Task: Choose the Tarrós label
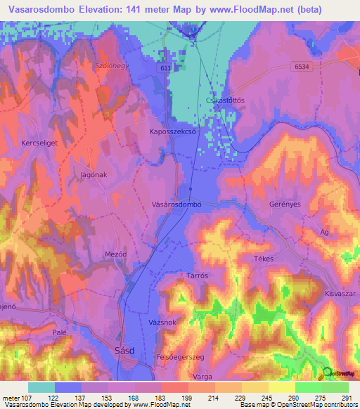198,276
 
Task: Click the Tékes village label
263,258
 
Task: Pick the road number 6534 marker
302,65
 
